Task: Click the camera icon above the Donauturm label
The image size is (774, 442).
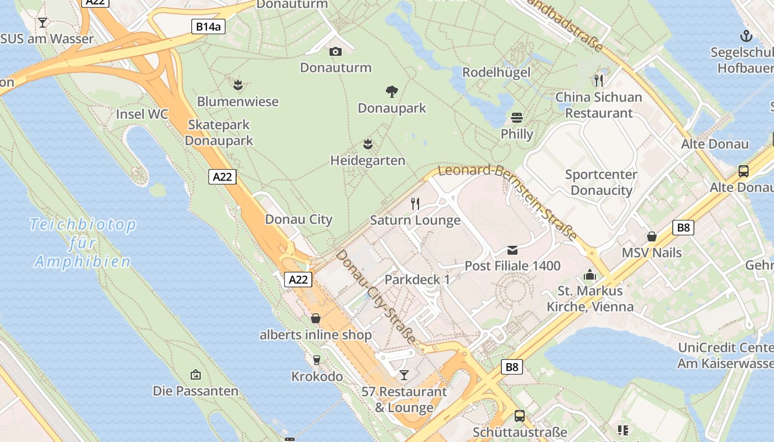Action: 335,51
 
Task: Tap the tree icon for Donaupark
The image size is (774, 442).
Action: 392,91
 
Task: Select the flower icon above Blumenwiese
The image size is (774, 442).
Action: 238,85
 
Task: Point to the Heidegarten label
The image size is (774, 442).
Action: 368,161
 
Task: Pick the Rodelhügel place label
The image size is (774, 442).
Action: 496,72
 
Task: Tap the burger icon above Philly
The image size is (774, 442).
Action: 517,117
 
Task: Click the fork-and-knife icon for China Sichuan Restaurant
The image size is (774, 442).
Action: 599,81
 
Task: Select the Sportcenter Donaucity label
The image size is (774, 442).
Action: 601,182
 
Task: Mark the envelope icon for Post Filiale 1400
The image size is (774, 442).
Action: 512,250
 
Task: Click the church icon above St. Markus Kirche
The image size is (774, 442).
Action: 590,275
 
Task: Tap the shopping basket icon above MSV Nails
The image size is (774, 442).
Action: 652,236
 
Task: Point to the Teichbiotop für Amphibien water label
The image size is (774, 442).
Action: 82,243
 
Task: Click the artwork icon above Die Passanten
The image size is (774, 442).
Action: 195,375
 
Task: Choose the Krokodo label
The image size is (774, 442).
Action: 317,377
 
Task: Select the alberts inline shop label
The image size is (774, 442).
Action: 316,335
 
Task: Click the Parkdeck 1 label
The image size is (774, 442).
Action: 417,280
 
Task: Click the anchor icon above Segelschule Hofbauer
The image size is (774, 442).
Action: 746,36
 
